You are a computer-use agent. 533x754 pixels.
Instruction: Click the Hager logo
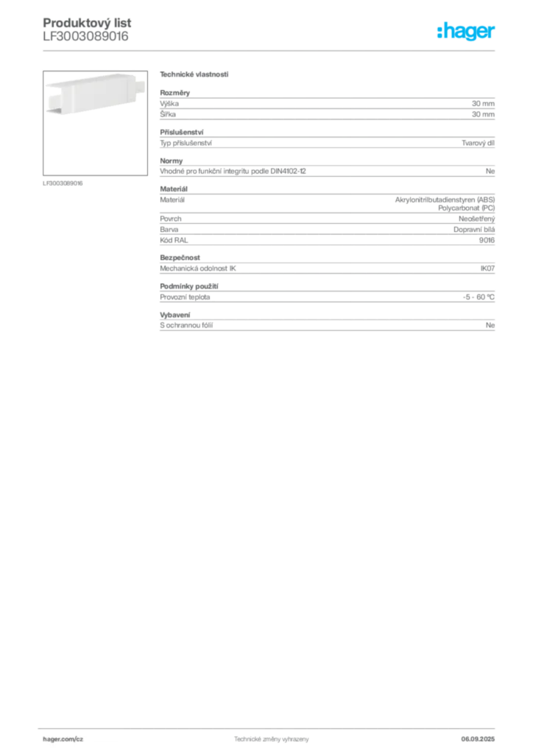[466, 31]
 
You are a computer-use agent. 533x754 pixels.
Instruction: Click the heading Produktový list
[87, 23]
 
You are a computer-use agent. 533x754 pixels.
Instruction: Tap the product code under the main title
[85, 37]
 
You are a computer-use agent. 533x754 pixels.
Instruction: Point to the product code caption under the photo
[63, 183]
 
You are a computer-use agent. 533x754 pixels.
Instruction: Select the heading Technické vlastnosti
[194, 74]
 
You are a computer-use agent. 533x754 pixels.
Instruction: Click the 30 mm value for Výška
[483, 103]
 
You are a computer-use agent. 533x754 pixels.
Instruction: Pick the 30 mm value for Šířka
[483, 114]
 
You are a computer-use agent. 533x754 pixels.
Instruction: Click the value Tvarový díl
[479, 143]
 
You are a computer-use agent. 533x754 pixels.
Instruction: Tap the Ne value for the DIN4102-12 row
[490, 171]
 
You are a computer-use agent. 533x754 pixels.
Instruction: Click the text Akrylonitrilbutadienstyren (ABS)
[445, 200]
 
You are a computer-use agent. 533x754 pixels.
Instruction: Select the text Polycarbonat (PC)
[466, 208]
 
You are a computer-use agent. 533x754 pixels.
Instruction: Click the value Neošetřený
[477, 219]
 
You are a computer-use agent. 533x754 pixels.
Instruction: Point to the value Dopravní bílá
[474, 230]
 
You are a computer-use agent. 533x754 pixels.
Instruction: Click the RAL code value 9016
[487, 240]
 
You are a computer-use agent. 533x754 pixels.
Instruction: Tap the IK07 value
[488, 268]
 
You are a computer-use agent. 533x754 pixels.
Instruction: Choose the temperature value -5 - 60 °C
[479, 297]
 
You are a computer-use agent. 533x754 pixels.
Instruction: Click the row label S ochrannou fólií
[186, 325]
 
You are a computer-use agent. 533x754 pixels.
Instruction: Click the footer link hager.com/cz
[63, 739]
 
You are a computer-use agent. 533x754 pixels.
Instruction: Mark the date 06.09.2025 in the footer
[478, 739]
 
